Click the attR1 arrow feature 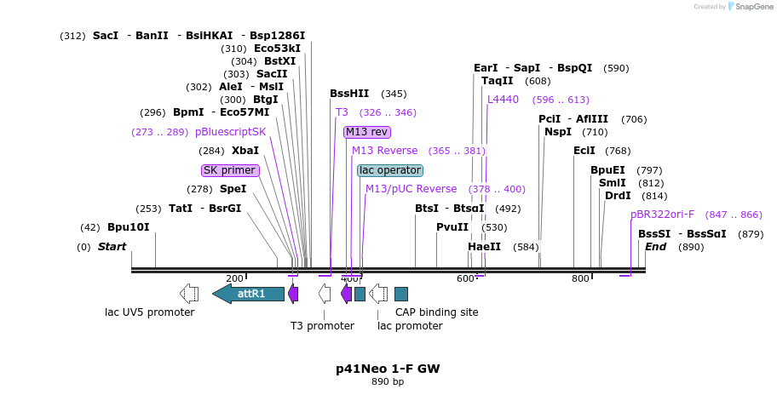pos(248,294)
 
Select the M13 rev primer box pos(367,132)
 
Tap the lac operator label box pos(390,170)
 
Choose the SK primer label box pos(229,170)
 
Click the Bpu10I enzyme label pos(128,227)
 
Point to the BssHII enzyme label pos(349,94)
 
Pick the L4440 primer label pos(503,100)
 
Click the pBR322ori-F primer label pos(662,215)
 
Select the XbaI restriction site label pos(245,151)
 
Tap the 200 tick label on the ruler pos(234,278)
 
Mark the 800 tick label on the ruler pos(580,278)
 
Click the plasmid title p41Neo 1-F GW pos(388,369)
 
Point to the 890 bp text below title pos(388,381)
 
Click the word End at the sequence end pos(655,247)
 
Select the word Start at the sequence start pos(112,247)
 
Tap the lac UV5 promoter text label pos(149,312)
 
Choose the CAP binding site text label pos(436,312)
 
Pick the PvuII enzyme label pos(452,227)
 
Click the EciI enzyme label pos(584,151)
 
